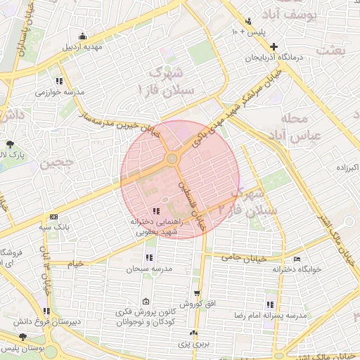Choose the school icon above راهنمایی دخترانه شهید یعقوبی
click(155, 211)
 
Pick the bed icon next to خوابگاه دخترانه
click(297, 259)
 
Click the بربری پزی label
click(193, 345)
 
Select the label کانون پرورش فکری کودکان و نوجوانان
click(146, 314)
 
